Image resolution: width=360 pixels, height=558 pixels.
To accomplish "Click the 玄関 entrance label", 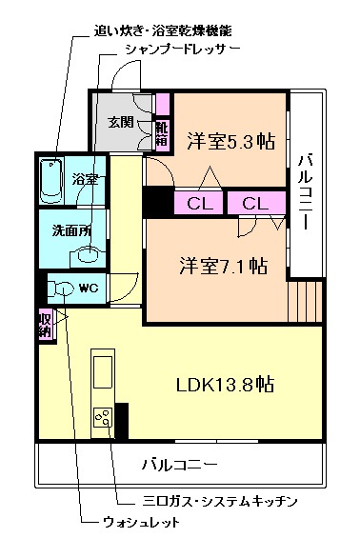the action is point(121,122).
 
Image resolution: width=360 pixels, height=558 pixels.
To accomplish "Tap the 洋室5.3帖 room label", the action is point(231,142).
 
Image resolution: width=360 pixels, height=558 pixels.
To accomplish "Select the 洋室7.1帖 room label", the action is point(224,266).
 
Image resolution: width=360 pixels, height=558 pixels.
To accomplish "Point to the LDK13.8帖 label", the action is point(225,385).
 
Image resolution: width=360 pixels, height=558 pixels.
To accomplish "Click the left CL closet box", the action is point(199,203).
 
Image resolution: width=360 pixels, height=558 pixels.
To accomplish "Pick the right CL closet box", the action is point(256,203).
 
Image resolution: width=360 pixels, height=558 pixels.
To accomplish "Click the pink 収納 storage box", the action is point(46,324).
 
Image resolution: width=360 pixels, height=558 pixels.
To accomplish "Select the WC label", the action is point(89,288).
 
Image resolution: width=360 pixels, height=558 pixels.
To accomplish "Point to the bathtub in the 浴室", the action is point(51,181).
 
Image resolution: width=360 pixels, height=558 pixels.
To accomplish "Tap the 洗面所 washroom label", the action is point(71,231).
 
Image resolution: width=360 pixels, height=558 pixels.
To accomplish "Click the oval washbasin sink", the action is point(90,254).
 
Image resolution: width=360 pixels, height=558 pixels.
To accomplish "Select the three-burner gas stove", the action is point(103,418).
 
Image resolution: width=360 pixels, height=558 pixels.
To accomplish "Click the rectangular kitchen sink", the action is point(103,370).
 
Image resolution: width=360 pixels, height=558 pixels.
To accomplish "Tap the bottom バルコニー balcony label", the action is point(180,464).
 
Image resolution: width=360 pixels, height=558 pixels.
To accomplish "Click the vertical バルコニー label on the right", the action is point(306,190).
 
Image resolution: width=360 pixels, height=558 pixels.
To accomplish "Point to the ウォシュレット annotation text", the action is point(141,523).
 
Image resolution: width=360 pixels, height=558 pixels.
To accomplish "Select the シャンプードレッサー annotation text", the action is point(183,49).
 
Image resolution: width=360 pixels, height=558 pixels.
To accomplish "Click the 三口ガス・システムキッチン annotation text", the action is point(220,501).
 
